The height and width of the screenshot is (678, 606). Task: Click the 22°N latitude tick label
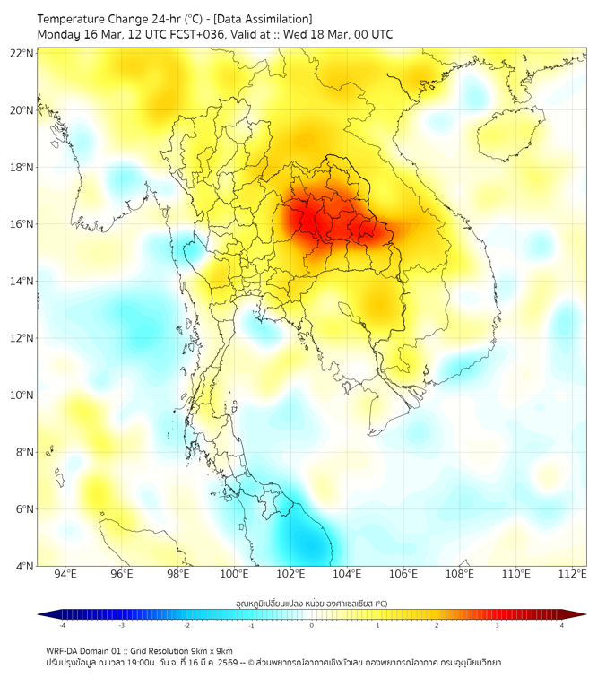point(22,53)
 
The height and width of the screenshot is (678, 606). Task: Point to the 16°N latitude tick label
point(22,224)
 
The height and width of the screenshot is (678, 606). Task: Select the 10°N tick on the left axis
point(22,395)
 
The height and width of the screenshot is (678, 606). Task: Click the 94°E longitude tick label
point(65,574)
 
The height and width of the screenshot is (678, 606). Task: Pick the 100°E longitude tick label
point(234,574)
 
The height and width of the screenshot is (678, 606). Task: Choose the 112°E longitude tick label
point(572,574)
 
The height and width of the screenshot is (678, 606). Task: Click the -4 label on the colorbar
point(61,626)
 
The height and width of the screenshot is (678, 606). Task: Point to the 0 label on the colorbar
point(312,626)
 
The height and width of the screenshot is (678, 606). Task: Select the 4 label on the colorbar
point(562,626)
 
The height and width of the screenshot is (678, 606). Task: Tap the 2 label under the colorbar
point(437,626)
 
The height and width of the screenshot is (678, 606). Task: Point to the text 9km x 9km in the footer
point(208,650)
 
